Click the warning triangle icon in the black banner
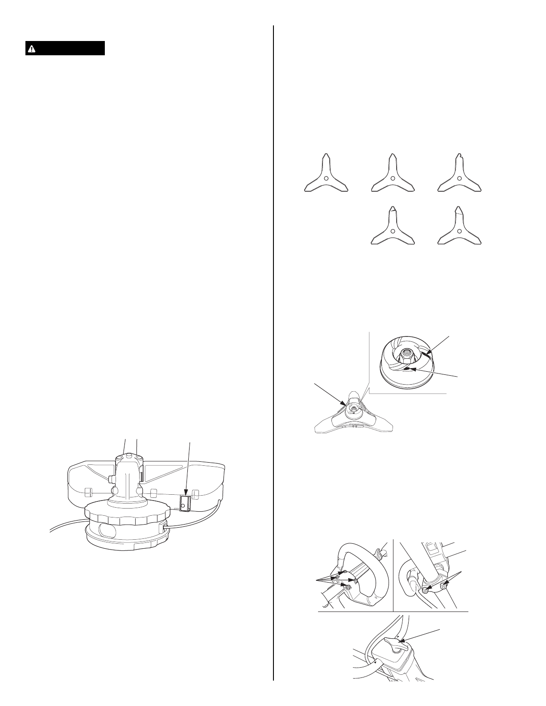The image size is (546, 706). [x=32, y=49]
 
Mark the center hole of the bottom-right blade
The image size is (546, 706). [x=459, y=230]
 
